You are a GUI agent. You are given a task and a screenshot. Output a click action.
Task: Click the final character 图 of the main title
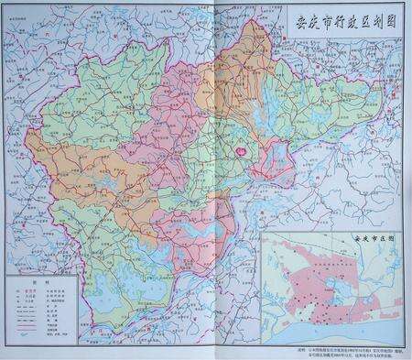(x=386, y=19)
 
